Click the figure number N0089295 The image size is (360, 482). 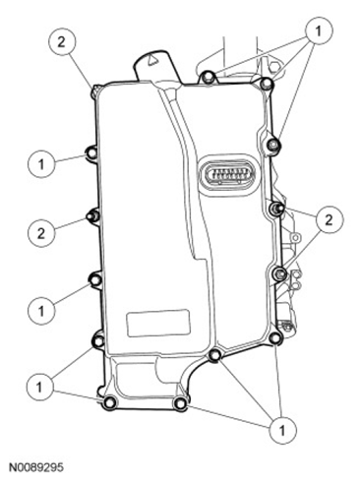[x=35, y=467]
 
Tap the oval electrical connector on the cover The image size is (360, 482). [x=229, y=173]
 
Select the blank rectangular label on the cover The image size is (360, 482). [x=158, y=323]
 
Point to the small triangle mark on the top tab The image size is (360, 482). [x=151, y=59]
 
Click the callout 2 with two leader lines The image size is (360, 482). [x=329, y=219]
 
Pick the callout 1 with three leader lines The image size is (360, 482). [x=319, y=31]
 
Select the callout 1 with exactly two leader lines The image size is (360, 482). [x=39, y=388]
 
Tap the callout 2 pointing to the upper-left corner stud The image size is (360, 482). [x=62, y=42]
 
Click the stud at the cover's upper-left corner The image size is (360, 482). [x=95, y=90]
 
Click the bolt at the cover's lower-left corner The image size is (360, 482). [x=109, y=402]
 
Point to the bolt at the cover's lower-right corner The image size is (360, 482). [x=274, y=337]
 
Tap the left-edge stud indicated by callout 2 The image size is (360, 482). [x=91, y=216]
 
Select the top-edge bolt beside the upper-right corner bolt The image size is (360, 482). [x=208, y=77]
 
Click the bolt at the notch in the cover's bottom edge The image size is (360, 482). [x=215, y=355]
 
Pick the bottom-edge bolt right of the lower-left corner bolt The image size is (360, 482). [x=180, y=402]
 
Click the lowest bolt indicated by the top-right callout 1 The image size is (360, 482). [x=272, y=145]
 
